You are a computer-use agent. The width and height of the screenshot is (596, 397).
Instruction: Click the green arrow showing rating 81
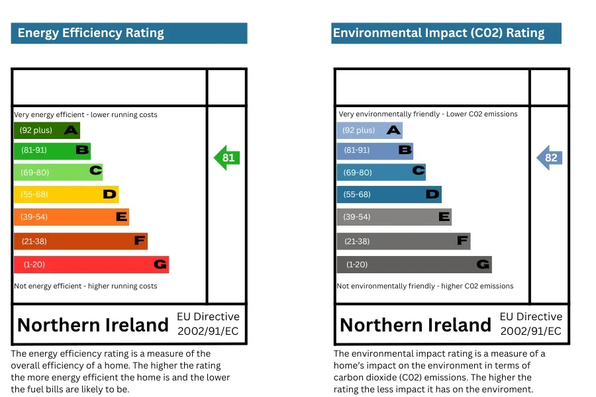[x=226, y=157]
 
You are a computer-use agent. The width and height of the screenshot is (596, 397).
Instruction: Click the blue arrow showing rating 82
[x=549, y=157]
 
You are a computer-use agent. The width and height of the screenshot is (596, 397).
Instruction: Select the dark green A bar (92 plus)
[x=46, y=130]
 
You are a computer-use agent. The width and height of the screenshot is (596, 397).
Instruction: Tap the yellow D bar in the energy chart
[x=66, y=195]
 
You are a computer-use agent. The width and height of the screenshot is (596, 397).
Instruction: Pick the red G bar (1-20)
[x=91, y=265]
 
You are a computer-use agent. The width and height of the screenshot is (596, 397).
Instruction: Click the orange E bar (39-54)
[x=71, y=217]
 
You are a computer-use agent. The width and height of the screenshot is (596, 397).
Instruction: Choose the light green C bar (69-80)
[x=58, y=172]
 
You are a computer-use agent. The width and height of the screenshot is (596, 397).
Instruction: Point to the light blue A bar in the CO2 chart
[x=369, y=130]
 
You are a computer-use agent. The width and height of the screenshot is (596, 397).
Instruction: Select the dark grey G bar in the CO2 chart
[x=414, y=265]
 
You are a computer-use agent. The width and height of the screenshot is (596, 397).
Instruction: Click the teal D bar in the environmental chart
[x=389, y=195]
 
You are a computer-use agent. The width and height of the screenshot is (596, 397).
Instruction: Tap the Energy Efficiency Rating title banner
[x=128, y=33]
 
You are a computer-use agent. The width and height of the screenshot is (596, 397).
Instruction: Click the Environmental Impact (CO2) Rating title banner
[x=446, y=33]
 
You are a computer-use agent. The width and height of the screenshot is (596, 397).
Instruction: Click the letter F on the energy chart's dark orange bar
[x=139, y=241]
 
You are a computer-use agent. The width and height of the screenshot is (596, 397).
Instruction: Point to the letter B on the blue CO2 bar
[x=405, y=150]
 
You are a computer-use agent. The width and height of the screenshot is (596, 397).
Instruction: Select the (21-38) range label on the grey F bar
[x=357, y=242]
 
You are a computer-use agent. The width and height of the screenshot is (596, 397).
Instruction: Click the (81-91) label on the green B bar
[x=34, y=150]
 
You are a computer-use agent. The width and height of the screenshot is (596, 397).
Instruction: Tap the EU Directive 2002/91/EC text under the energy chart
[x=207, y=324]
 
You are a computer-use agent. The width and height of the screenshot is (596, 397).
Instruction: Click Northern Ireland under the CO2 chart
[x=415, y=325]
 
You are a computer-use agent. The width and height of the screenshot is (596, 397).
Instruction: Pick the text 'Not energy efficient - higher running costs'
[x=85, y=286]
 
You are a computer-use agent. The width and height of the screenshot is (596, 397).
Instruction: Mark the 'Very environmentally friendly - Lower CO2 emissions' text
[x=428, y=114]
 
